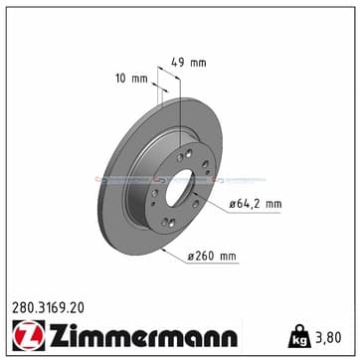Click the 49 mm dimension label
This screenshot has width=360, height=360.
point(189,63)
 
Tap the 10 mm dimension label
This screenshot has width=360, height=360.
point(131,79)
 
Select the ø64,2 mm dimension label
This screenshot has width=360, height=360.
point(256,204)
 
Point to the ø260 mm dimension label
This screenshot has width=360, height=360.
point(212,257)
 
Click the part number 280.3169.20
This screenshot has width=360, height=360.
point(48,308)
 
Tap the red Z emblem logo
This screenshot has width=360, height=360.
point(29,334)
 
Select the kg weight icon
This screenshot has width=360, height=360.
point(300,336)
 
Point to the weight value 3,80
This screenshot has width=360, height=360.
point(327,338)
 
